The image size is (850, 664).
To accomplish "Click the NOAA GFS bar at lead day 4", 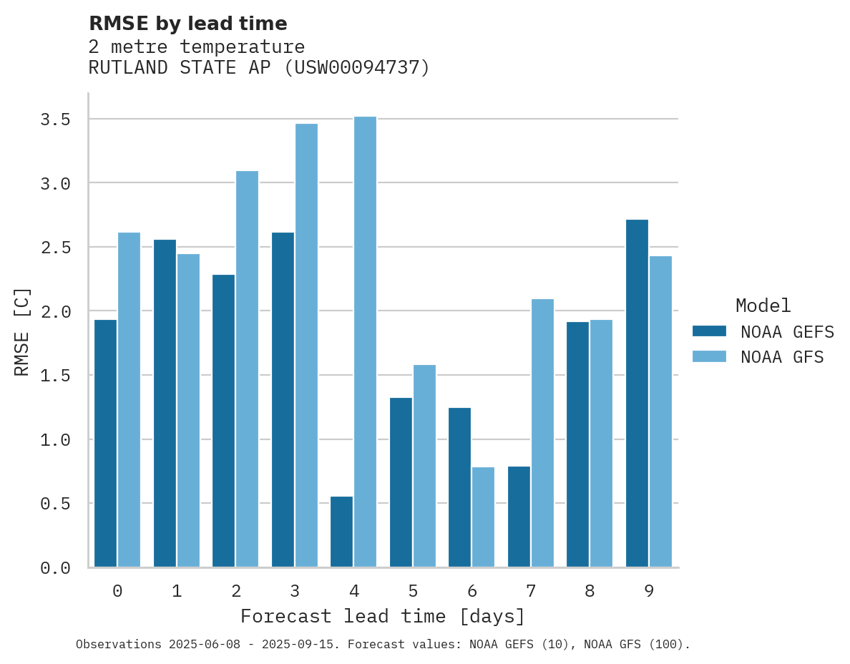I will (365, 342).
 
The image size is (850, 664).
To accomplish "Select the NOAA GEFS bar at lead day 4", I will (341, 532).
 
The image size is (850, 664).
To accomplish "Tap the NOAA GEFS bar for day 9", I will (637, 394).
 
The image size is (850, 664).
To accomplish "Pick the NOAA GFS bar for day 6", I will (483, 517).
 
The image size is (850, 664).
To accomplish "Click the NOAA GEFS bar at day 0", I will (105, 444).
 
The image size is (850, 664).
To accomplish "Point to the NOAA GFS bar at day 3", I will (306, 346).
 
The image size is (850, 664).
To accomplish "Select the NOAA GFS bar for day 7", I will (542, 433).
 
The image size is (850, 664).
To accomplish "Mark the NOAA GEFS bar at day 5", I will (401, 482).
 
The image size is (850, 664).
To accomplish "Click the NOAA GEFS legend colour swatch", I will (709, 331).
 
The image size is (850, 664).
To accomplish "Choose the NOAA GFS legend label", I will (782, 357).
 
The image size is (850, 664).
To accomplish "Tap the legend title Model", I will (763, 306).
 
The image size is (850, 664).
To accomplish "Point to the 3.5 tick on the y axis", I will (55, 119).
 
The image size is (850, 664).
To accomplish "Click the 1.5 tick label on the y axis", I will (55, 376).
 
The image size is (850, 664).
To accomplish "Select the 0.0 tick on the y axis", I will (55, 568).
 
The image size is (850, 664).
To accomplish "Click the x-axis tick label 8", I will (589, 592).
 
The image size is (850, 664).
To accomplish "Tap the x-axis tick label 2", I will (235, 592).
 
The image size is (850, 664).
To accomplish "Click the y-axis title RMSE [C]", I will (22, 331).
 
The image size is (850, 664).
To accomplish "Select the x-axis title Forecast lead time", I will (383, 616).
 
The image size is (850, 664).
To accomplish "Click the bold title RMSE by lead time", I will (187, 24).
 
